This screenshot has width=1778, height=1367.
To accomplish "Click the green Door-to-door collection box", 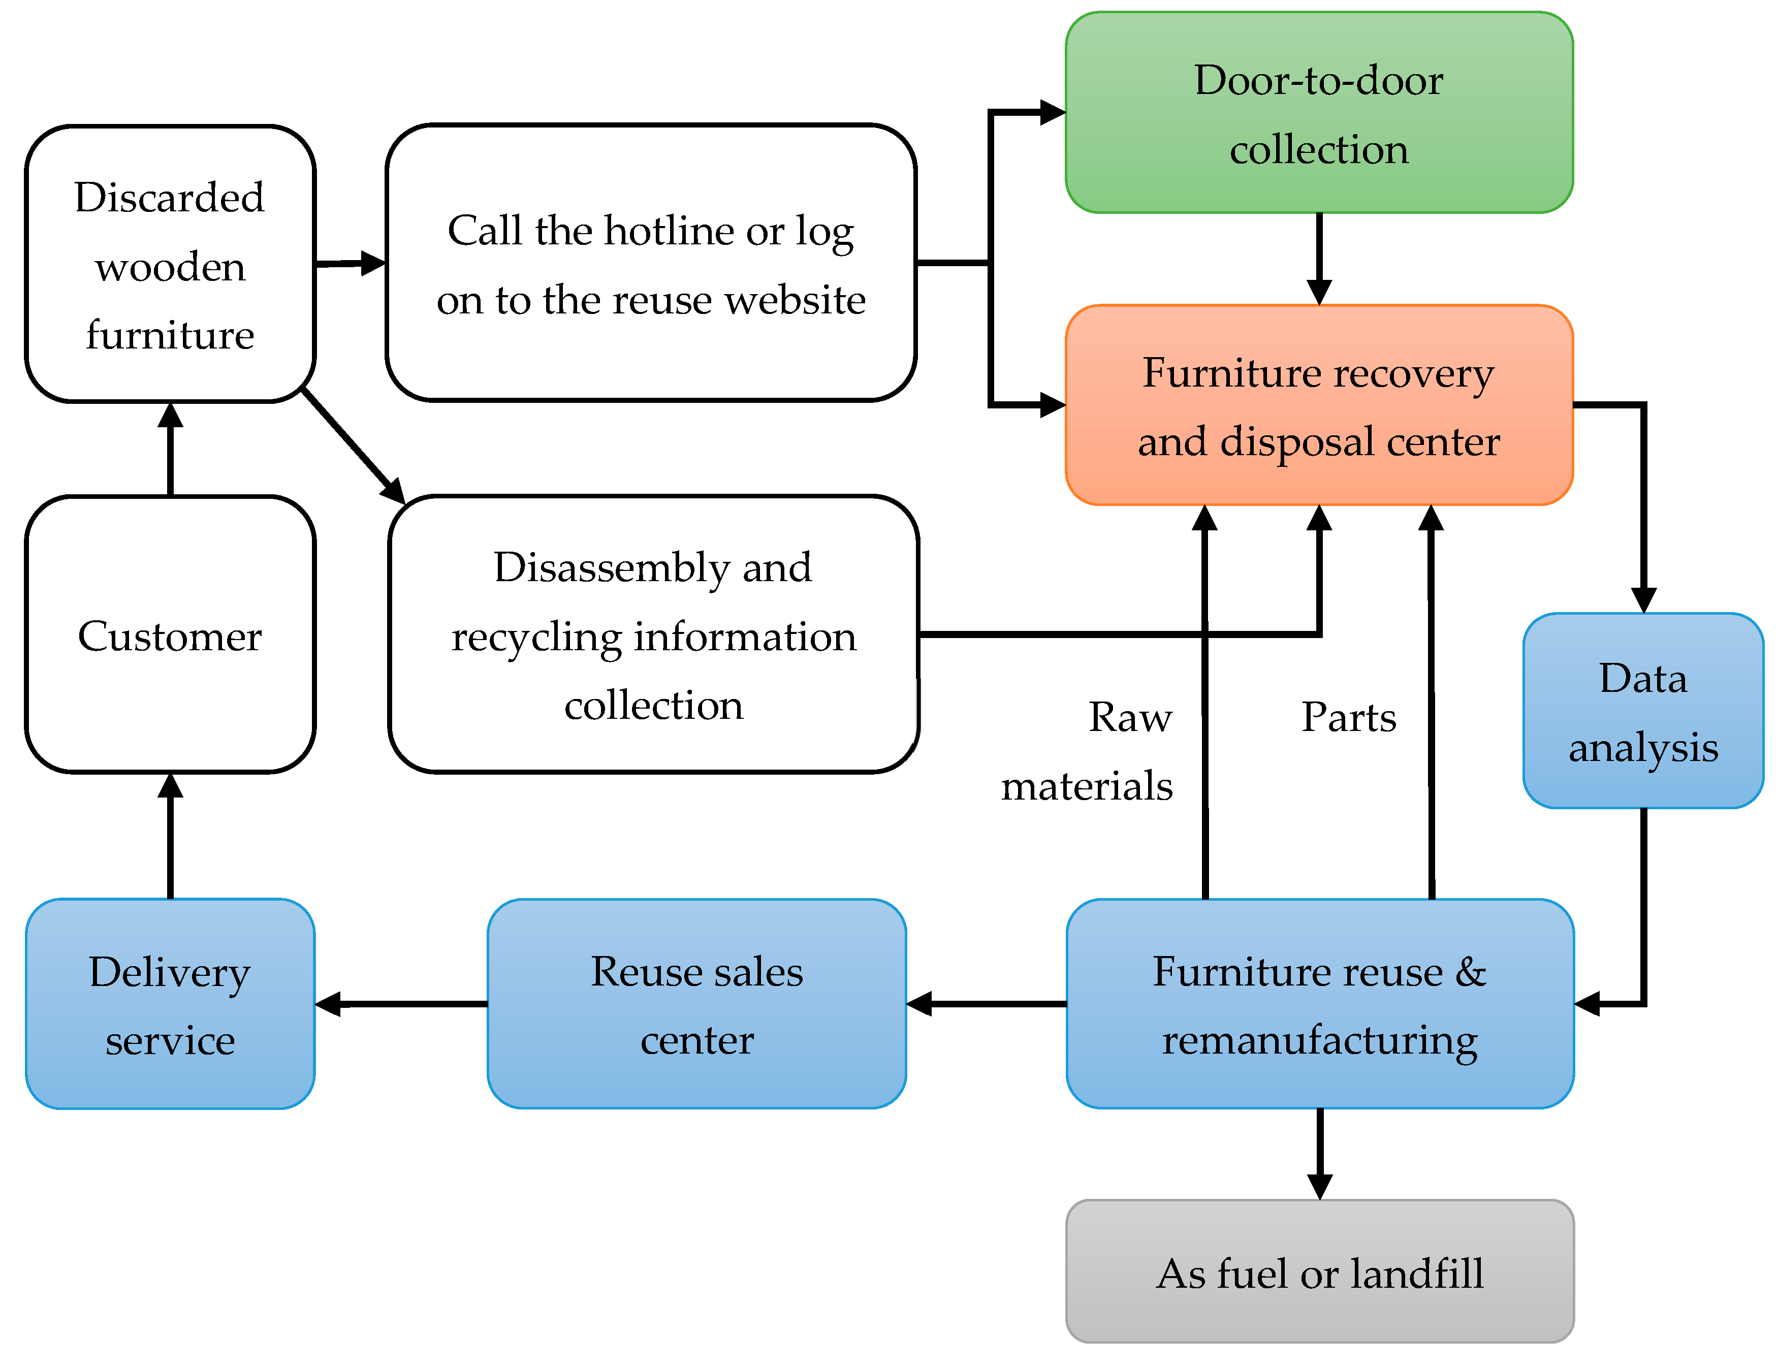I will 1318,112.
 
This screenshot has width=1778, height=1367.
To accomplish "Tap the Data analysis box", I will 1642,710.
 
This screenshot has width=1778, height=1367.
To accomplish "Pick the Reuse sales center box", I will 696,1003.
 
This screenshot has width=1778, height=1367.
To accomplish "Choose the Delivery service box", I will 170,1003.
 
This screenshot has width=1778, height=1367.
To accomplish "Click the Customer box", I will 170,634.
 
